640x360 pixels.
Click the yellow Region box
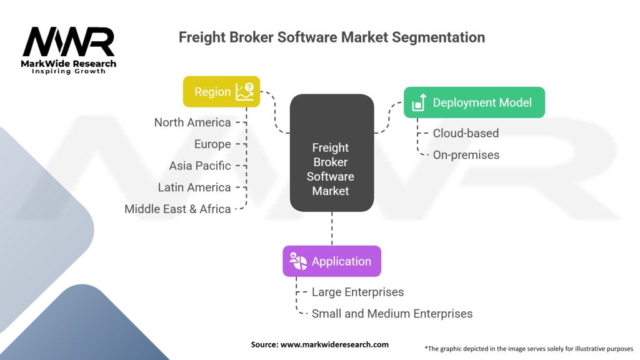(221, 91)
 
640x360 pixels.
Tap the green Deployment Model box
(474, 102)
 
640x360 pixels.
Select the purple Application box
(332, 261)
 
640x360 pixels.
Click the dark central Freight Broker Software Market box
(332, 153)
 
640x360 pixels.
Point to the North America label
(192, 122)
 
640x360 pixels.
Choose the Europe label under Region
(212, 144)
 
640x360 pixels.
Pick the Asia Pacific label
(200, 166)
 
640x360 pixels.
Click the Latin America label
(194, 187)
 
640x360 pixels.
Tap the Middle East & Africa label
(177, 209)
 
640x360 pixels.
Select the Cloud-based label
(466, 133)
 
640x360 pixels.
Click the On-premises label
(466, 155)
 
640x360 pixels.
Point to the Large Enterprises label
(358, 292)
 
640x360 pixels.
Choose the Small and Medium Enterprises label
(392, 314)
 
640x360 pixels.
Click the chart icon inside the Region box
(245, 92)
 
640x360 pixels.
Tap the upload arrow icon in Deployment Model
(419, 102)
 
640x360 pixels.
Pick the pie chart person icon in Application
(298, 261)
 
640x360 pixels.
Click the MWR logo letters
(69, 42)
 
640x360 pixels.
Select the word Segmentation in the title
(439, 37)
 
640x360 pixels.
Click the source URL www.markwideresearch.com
(334, 344)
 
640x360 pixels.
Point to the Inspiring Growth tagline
(69, 71)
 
